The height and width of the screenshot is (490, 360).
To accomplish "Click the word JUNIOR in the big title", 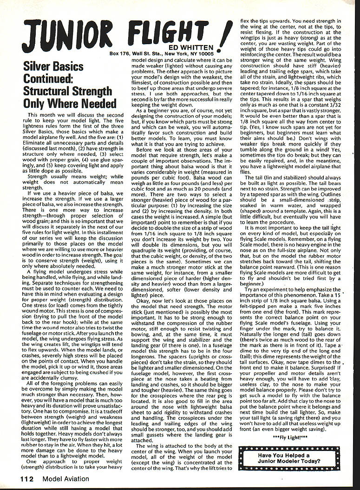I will (62, 34).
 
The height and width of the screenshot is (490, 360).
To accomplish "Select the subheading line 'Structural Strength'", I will (67, 91).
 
